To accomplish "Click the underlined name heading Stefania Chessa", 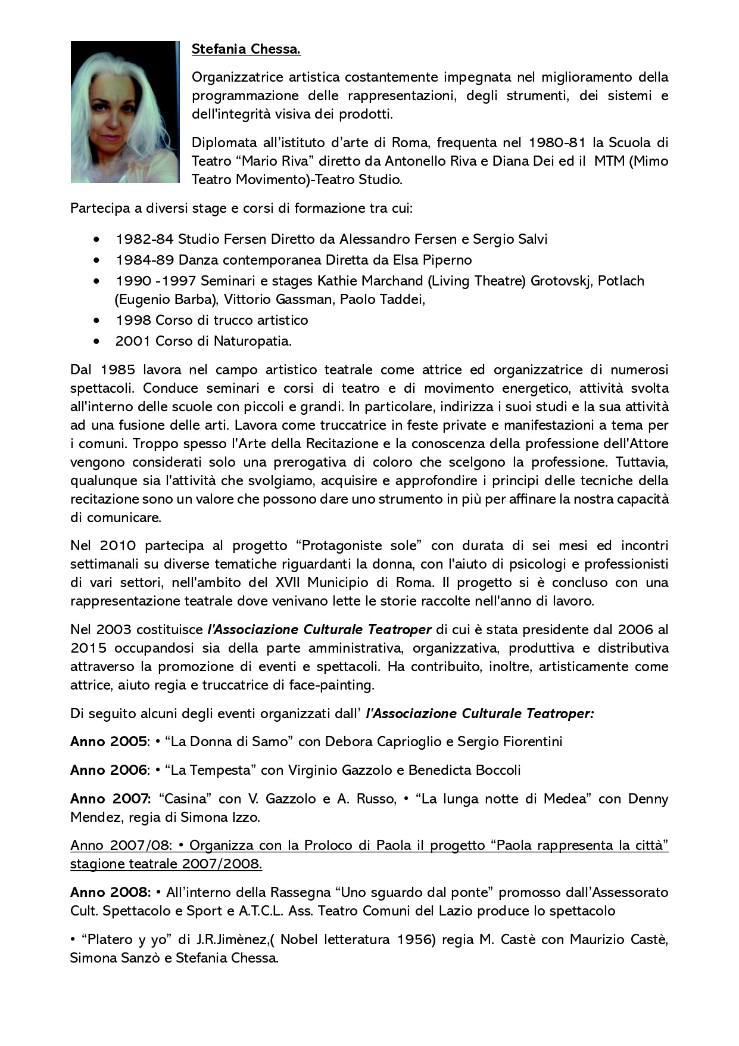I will click(x=246, y=49).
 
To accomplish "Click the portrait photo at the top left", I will click(x=125, y=112).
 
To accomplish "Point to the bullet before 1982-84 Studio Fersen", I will click(x=96, y=240).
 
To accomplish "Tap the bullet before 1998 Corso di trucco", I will click(x=96, y=321).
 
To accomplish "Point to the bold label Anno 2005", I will click(x=108, y=741).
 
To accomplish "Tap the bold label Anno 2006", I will click(x=108, y=770).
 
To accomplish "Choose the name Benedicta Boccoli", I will click(x=464, y=770).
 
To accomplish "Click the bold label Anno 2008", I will click(x=110, y=892).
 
